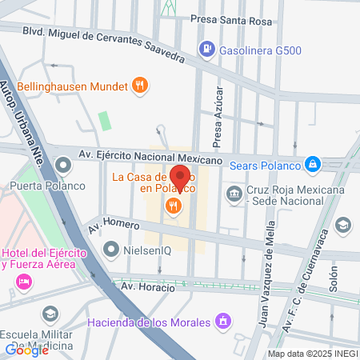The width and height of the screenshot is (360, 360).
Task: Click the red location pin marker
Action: point(181,176)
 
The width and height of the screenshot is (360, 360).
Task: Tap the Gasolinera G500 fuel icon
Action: point(206,50)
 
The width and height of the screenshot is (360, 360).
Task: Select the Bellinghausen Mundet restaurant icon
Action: point(141,82)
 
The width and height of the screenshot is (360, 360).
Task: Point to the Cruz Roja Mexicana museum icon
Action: point(234,193)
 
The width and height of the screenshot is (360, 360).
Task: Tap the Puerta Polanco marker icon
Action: point(63,167)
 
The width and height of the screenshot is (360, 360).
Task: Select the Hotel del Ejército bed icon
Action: point(23,281)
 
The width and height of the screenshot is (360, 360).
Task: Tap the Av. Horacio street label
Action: point(147,286)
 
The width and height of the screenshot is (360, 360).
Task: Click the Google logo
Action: point(26,349)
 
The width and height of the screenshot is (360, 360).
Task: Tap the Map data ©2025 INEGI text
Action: point(312,353)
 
